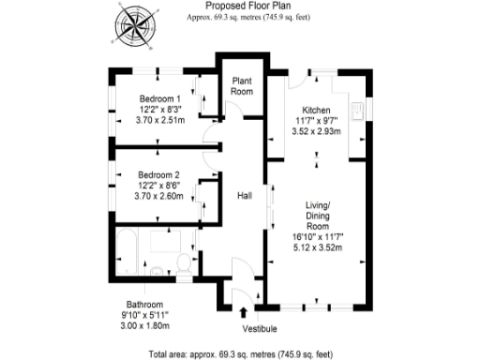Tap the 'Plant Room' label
(x=242, y=86)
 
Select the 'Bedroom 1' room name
(x=160, y=97)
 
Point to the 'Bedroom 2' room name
(x=158, y=175)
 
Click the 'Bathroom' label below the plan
(x=145, y=305)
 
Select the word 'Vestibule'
(x=247, y=329)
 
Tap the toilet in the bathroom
(x=183, y=265)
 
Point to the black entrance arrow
(x=246, y=313)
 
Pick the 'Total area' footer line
(x=240, y=353)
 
